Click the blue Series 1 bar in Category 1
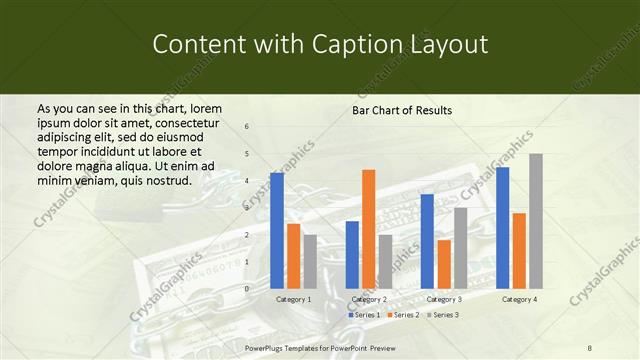(277, 230)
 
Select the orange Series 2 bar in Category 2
(368, 229)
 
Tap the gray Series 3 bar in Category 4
(536, 221)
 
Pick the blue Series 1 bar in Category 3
(427, 241)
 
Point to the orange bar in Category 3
(444, 264)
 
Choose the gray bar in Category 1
(310, 261)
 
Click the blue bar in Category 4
(502, 227)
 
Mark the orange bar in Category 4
(519, 250)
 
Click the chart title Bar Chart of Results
(402, 110)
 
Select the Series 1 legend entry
(364, 315)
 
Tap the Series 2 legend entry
(402, 315)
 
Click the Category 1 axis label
(293, 299)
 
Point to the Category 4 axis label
(519, 299)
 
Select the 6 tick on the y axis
(247, 127)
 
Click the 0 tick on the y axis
(247, 288)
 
